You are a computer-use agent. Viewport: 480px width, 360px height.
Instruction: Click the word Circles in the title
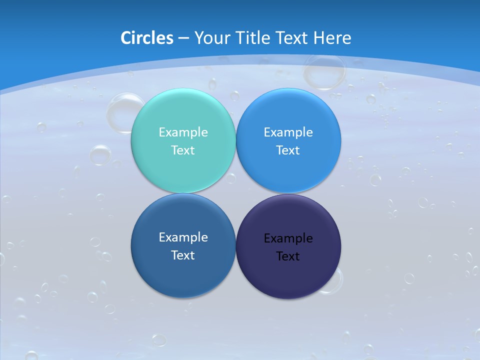tap(146, 38)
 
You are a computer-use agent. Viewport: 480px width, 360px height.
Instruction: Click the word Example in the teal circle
tap(183, 132)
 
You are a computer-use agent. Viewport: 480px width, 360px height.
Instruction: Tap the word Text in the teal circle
tap(183, 150)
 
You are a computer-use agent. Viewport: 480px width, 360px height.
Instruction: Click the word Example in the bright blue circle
tap(288, 132)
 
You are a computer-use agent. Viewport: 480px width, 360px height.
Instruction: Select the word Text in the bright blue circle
tap(288, 150)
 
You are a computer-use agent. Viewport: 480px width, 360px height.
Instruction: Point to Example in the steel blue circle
tap(183, 237)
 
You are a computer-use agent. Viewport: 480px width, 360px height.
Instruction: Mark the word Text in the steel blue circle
tap(183, 255)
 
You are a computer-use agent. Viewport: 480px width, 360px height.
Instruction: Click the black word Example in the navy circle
tap(288, 238)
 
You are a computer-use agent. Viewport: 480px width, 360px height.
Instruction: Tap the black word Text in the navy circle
tap(288, 256)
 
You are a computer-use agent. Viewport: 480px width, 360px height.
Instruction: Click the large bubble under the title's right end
tap(324, 71)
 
